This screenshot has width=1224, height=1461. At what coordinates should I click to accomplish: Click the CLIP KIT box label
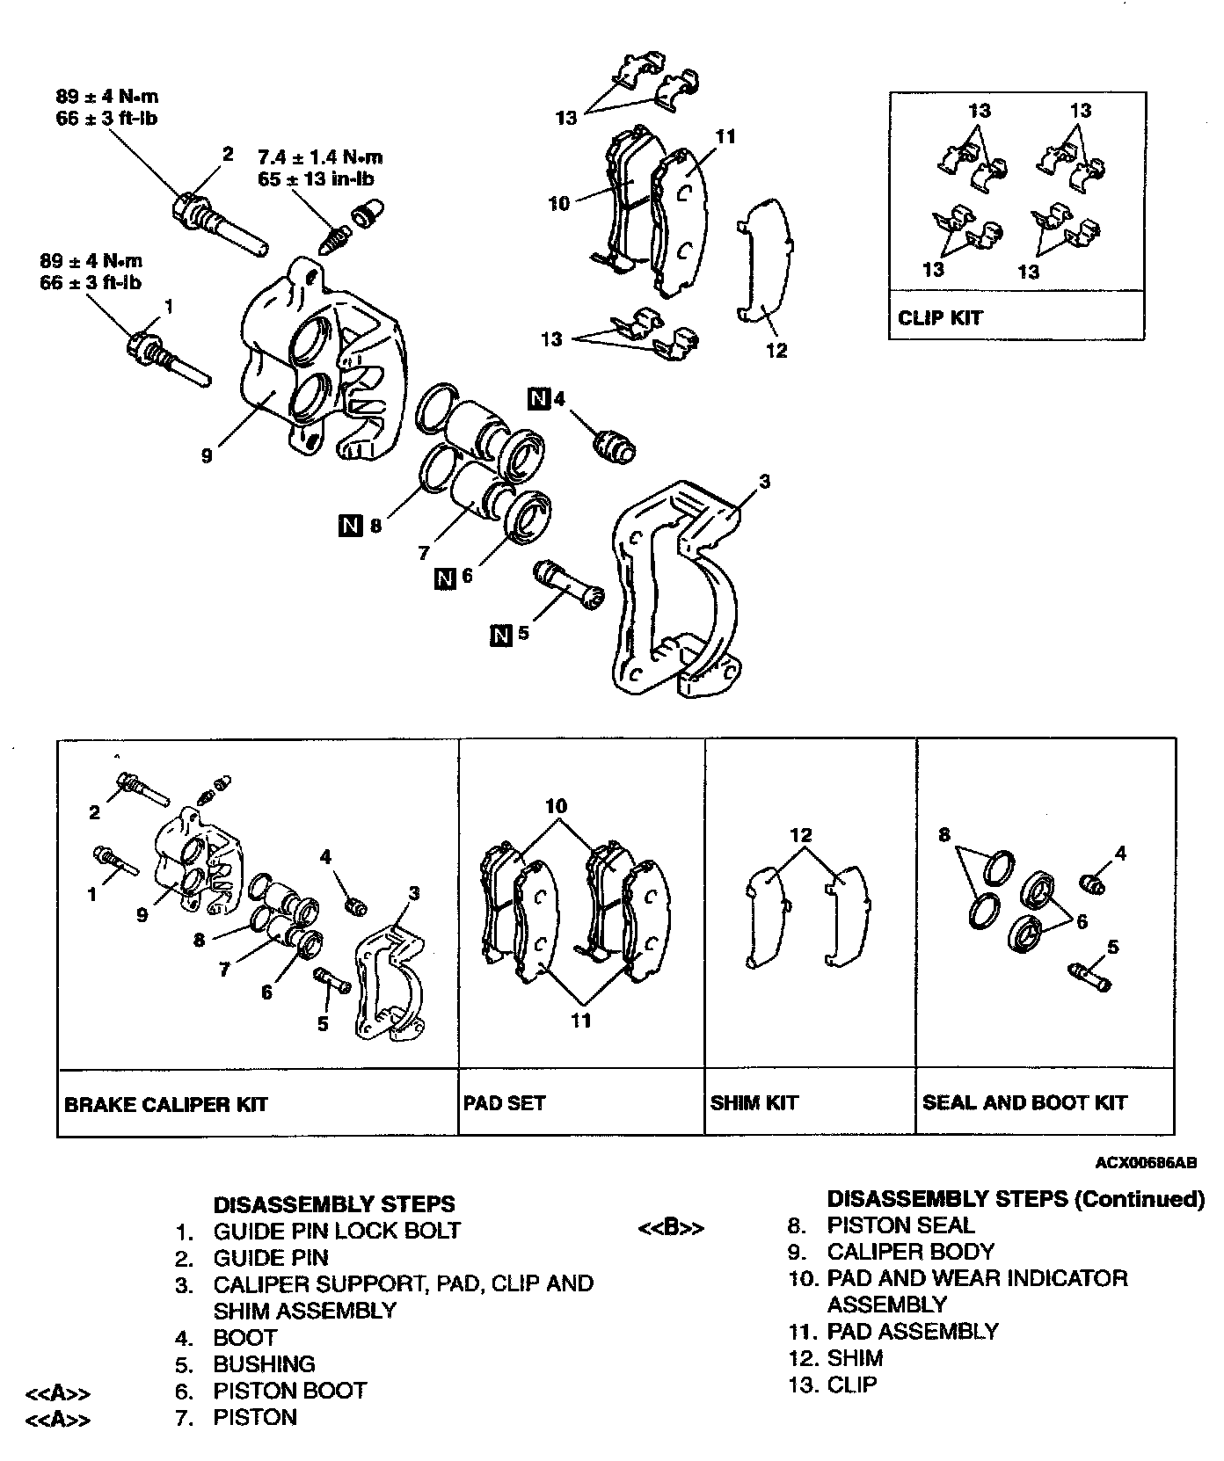tap(939, 317)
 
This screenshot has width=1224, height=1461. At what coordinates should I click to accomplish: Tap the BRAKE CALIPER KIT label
tap(165, 1104)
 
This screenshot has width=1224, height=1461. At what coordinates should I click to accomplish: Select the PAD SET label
tap(504, 1102)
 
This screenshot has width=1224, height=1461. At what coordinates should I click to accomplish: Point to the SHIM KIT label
tap(754, 1102)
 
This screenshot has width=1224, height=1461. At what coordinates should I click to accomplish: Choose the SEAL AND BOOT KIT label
tap(1024, 1102)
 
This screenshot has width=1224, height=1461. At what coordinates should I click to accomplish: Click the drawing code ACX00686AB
tap(1146, 1162)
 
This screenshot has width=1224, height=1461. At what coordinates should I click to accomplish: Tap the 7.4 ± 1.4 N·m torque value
tap(320, 158)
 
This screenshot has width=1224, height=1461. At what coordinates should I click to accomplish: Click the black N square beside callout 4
tap(538, 399)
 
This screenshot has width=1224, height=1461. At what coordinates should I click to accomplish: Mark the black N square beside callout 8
tap(350, 527)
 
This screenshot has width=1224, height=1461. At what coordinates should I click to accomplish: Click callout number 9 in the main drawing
tap(207, 456)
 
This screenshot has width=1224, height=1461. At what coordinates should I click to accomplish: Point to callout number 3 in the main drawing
tap(765, 481)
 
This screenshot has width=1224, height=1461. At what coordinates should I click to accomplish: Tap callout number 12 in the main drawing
tap(776, 351)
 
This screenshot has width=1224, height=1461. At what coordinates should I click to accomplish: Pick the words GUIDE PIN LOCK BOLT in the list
tap(337, 1230)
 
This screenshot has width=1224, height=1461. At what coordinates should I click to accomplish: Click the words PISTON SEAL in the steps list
tap(900, 1225)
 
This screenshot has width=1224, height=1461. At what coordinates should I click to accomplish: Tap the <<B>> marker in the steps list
tap(670, 1228)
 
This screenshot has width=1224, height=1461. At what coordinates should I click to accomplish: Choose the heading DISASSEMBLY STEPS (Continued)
tap(1016, 1199)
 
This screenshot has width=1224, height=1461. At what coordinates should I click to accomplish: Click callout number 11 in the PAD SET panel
tap(580, 1021)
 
